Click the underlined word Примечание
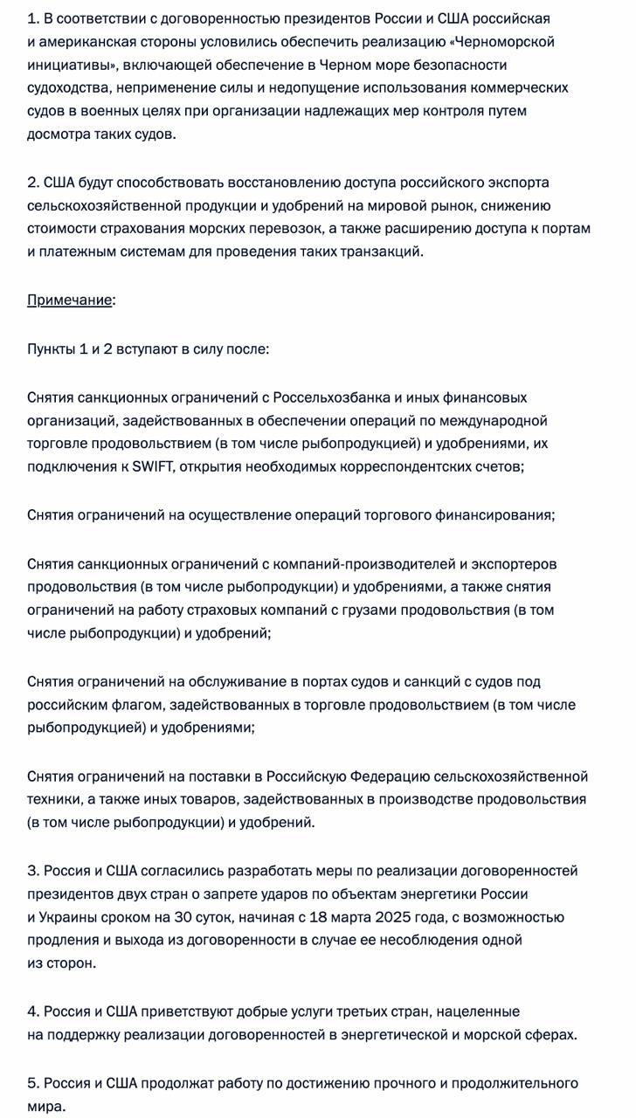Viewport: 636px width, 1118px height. click(x=69, y=300)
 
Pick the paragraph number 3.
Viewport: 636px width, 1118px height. click(x=33, y=871)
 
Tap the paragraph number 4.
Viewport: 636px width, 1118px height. click(x=33, y=1011)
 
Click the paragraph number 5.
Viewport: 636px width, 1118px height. click(x=33, y=1083)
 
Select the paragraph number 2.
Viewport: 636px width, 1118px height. click(x=33, y=182)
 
